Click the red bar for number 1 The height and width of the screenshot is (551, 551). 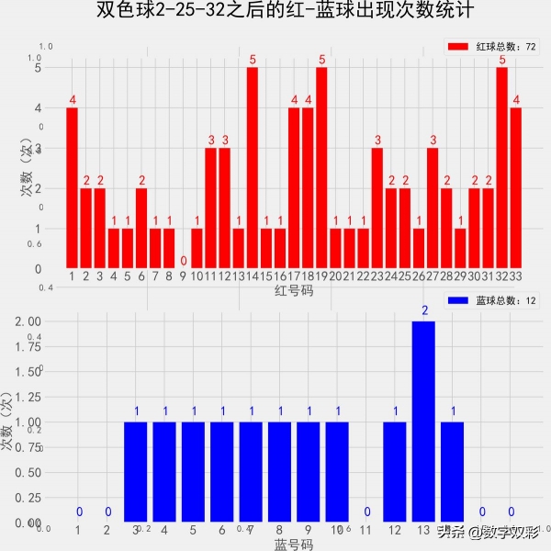pos(72,188)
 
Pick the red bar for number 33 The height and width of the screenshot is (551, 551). pos(516,188)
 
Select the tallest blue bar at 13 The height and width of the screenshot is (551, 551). pos(424,422)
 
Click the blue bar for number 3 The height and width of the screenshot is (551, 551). pos(136,472)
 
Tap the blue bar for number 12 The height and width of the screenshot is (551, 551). pos(395,472)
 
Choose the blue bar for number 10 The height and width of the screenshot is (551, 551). pos(337,472)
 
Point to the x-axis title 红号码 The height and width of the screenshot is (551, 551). pos(294,290)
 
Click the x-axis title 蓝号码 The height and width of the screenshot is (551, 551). pos(294,545)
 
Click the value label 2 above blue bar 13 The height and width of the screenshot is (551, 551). pos(424,310)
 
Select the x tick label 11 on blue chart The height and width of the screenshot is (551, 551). pos(366,530)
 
